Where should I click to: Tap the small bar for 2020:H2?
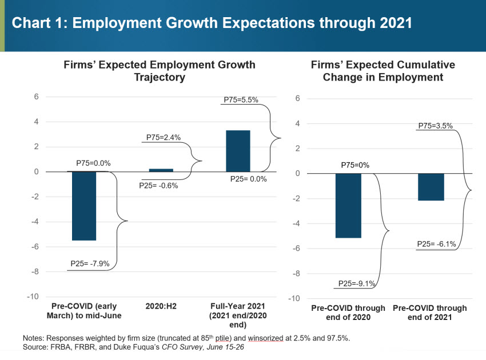(161, 170)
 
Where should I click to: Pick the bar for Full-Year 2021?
(238, 151)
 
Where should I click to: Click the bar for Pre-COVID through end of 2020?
(348, 205)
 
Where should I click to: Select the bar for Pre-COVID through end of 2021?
(431, 187)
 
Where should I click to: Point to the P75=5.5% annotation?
(241, 99)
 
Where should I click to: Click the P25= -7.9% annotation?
(90, 264)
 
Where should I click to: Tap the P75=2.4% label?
(164, 137)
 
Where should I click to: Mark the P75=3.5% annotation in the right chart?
(435, 126)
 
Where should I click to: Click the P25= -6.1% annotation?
(436, 244)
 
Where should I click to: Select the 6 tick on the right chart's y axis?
(297, 98)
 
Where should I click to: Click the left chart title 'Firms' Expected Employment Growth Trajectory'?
(160, 71)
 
